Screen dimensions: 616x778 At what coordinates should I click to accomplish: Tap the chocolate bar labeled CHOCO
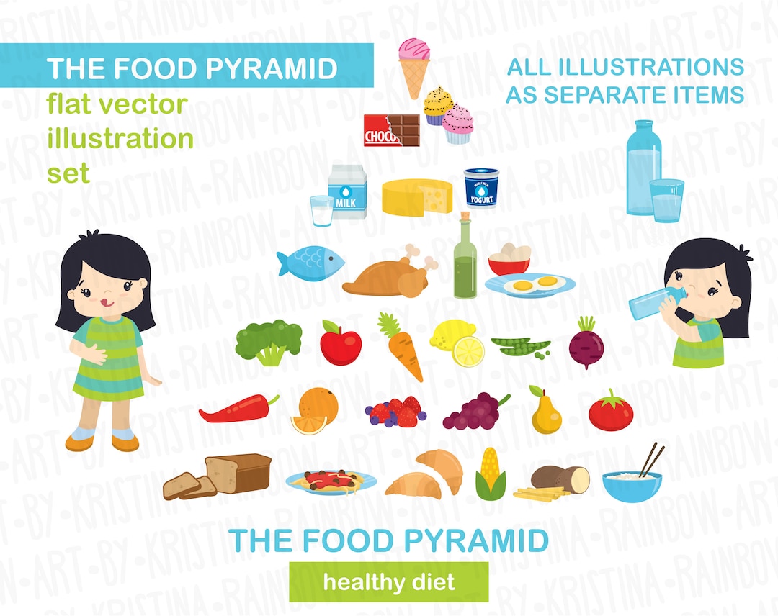tap(391, 130)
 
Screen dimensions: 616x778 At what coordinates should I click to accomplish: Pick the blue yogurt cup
tap(481, 189)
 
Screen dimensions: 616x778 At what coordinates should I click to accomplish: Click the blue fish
tap(310, 262)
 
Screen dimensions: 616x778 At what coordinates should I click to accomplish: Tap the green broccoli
tap(269, 341)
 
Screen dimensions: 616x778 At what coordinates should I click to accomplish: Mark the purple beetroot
tap(586, 345)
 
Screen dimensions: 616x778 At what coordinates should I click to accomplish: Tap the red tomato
tap(611, 412)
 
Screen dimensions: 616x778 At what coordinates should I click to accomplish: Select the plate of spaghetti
tap(331, 481)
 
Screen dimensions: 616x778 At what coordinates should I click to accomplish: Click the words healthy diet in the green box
tap(389, 581)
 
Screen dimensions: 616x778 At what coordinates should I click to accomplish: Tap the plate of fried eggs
tap(530, 285)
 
